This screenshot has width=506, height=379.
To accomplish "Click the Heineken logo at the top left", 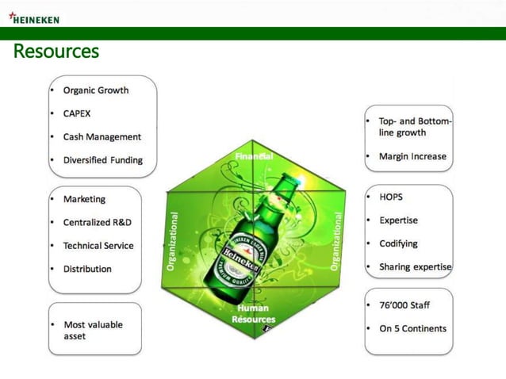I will pos(33,18).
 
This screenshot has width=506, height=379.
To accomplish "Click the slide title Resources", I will pos(56,52).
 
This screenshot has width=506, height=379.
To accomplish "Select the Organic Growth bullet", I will pos(95,90).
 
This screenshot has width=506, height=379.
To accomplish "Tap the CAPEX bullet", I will pos(77,113).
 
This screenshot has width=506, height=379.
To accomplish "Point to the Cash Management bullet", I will pos(102,136).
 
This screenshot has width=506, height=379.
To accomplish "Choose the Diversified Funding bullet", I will pos(103,160).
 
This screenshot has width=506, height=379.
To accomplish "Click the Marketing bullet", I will pos(84,199).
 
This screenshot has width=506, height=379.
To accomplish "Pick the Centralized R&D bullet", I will pos(98,223).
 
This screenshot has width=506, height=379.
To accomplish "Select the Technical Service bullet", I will pos(98,246).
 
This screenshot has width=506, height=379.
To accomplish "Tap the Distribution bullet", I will pos(87,269).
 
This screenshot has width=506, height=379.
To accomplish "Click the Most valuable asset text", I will pos(93,331).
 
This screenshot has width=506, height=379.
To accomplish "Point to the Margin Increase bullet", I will pos(412,156).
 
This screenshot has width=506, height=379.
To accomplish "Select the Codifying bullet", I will pos(398,243).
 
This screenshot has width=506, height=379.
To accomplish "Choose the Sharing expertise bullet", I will pos(415,267).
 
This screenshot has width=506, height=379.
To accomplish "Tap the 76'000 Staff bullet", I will pos(404,304).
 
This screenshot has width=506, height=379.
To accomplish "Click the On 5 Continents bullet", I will pos(412,328).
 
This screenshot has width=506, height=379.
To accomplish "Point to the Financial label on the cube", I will pos(253,156).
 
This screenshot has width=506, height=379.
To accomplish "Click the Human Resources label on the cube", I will pos(253,313).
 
